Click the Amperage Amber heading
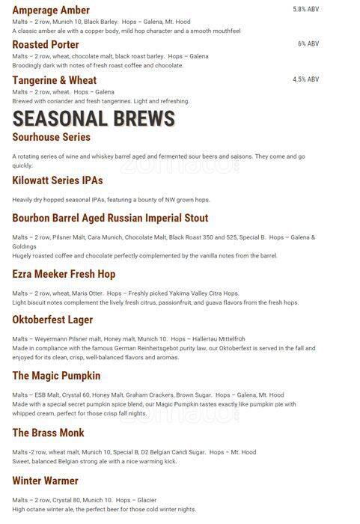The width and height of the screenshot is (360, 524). click(51, 10)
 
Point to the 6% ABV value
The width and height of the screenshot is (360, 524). click(308, 43)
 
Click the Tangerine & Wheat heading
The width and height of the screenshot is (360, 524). click(55, 80)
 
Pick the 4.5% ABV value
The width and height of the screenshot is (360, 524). click(305, 79)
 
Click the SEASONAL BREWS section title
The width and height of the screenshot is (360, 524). click(94, 118)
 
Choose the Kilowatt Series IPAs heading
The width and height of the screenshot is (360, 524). click(58, 181)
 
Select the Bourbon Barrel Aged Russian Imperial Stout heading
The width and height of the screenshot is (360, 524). click(110, 219)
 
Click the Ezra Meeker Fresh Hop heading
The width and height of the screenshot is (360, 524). click(64, 275)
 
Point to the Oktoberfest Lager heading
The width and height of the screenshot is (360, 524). click(52, 320)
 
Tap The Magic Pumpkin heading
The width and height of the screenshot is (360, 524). click(56, 376)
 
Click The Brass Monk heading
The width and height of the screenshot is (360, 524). click(48, 433)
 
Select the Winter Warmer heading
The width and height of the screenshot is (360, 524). click(45, 481)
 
